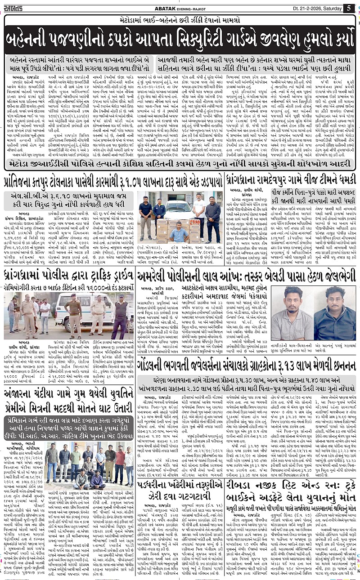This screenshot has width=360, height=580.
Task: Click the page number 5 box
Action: (349, 8)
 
